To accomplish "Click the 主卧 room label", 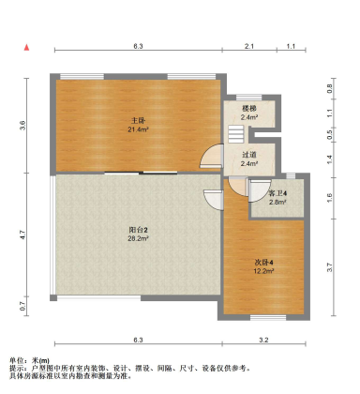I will coord(138,119).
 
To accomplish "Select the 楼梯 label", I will coord(248,109).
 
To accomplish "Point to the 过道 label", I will coord(248,155).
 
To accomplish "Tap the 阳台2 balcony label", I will coord(138,230).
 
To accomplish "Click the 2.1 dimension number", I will coord(249,45).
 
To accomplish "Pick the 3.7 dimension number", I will coord(330,267).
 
